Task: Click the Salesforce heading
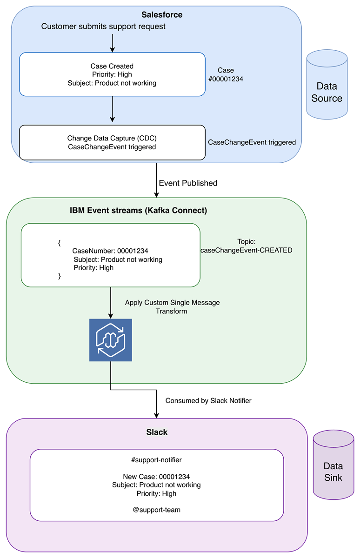tap(162, 15)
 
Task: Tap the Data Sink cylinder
tap(333, 465)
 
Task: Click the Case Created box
tap(112, 74)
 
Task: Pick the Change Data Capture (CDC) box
tap(112, 142)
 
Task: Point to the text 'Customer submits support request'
tap(103, 27)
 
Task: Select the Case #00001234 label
tap(226, 75)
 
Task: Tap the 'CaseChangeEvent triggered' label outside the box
tap(252, 142)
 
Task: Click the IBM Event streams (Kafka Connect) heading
tap(138, 211)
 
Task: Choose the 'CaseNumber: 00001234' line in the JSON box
tap(110, 251)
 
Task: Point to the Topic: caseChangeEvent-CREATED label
tap(247, 246)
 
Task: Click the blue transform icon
tap(111, 340)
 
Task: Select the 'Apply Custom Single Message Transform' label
tap(172, 307)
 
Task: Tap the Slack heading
tap(157, 432)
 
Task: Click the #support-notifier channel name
tap(157, 460)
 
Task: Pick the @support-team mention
tap(157, 510)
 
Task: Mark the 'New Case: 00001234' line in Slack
tap(157, 477)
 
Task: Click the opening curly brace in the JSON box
tap(59, 243)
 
